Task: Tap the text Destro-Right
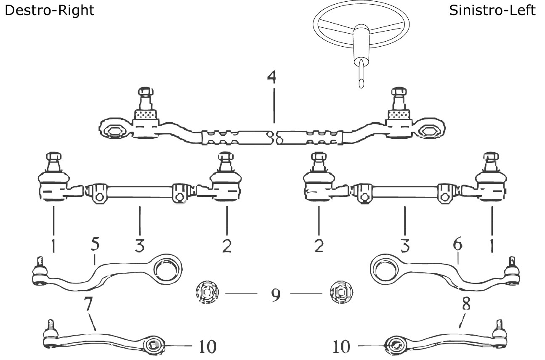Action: coord(49,10)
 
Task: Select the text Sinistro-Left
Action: coord(492,10)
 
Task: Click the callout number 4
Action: coord(273,78)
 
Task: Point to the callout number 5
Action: coord(95,244)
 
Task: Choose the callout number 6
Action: coord(457,244)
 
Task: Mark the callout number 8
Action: coord(465,305)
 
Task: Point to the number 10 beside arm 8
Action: coord(341,347)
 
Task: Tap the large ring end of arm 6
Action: coord(385,268)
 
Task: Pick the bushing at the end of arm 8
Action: coord(396,345)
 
